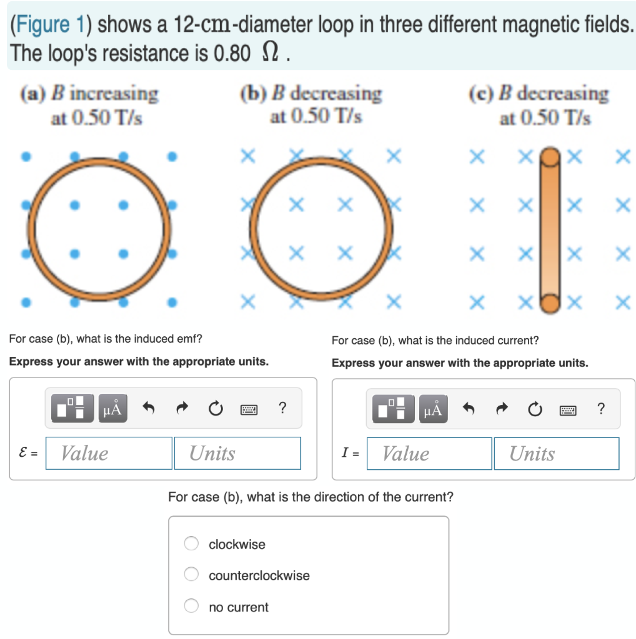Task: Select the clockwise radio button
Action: click(x=191, y=544)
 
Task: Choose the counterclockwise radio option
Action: click(x=191, y=575)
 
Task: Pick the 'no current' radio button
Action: click(x=191, y=607)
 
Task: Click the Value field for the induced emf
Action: click(x=109, y=453)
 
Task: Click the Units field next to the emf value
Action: click(x=237, y=453)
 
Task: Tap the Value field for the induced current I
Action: click(x=429, y=454)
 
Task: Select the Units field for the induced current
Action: click(x=556, y=454)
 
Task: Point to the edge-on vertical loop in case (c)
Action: click(x=549, y=230)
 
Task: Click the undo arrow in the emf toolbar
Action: click(x=149, y=409)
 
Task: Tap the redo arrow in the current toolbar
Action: click(x=501, y=409)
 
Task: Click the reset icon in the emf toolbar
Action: click(x=215, y=409)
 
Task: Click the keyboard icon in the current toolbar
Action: click(x=568, y=409)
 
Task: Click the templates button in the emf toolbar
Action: click(x=72, y=409)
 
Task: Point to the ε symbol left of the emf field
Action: click(x=23, y=454)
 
